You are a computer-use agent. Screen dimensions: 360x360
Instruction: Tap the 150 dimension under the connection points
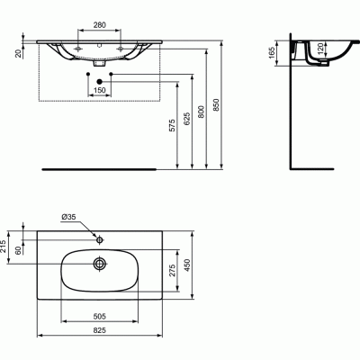100,90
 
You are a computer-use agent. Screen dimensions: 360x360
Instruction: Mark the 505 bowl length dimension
100,317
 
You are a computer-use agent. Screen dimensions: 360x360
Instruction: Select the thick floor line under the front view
100,167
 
